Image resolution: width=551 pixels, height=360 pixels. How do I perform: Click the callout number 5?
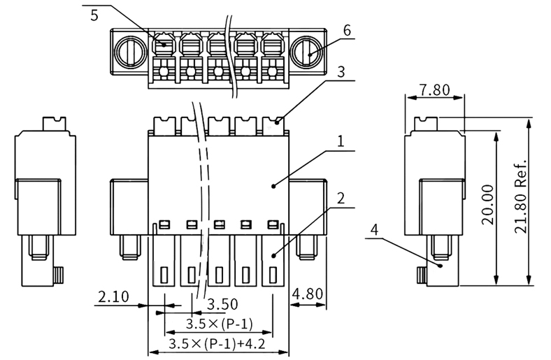coord(94,15)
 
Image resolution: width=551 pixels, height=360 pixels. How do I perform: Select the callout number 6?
coord(347,31)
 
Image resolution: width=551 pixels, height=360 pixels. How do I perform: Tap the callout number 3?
coord(341,71)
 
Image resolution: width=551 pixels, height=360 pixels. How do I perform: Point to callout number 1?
coord(341,141)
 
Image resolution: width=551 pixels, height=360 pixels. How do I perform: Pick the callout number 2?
coord(341,199)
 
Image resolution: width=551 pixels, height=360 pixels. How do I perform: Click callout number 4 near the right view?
coord(375,230)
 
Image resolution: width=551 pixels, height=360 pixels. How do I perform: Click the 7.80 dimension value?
coord(435,90)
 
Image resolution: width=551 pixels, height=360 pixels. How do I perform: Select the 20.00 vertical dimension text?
coord(488,205)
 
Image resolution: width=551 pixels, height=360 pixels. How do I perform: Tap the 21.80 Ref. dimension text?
coord(520,196)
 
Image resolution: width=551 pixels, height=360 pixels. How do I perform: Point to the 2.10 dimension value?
coord(113,297)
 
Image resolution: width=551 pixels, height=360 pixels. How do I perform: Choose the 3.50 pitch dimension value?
coord(222,304)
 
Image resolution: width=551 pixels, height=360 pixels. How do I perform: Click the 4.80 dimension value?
coord(308,294)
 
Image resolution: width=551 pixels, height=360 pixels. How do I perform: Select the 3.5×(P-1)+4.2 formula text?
coord(217,344)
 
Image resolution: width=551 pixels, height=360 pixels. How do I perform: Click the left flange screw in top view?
coord(130,51)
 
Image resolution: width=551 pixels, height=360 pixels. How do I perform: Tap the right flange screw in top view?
coord(307,51)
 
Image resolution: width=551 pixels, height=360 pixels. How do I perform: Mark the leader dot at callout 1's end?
coord(273,186)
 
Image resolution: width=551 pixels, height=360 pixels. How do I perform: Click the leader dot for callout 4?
coord(441,266)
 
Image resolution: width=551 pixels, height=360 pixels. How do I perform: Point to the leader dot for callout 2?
coord(273,256)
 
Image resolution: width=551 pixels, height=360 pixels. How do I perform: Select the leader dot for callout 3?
coord(277,122)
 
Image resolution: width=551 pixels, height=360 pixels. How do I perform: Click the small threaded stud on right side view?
coord(422,275)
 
